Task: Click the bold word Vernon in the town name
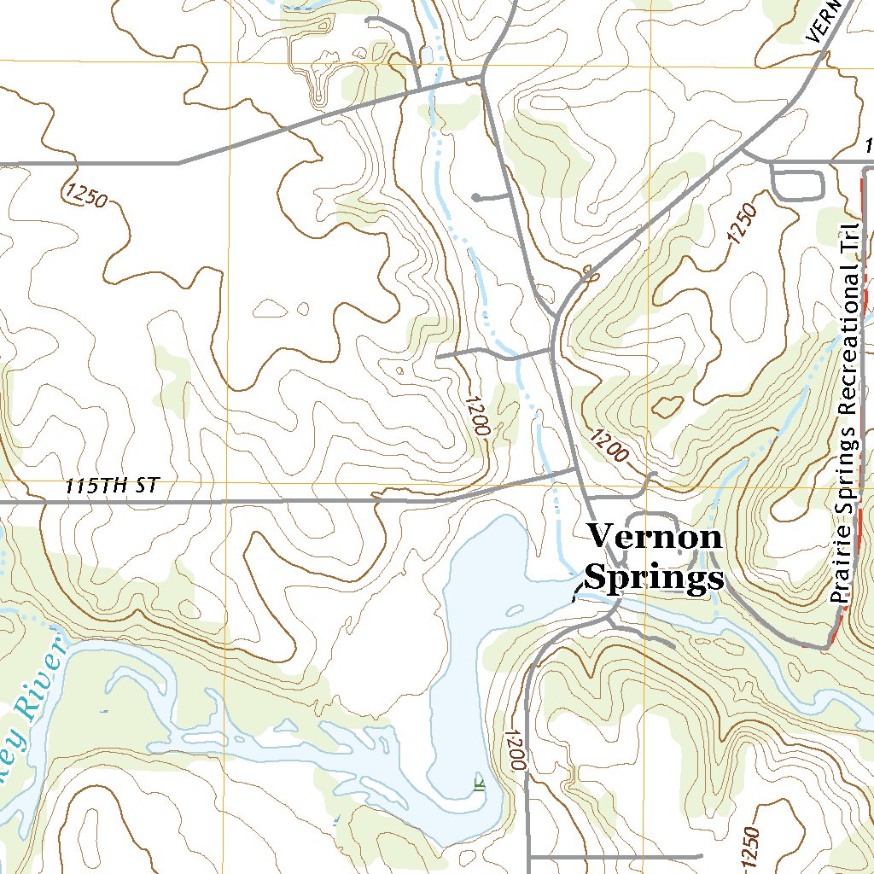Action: click(x=655, y=537)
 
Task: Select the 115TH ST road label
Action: click(x=112, y=486)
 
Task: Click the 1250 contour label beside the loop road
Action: click(x=743, y=224)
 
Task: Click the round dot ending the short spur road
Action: click(x=476, y=198)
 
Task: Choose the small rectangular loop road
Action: click(x=797, y=182)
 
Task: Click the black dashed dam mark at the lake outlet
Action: click(x=578, y=590)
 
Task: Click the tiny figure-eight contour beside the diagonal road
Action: click(x=587, y=272)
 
